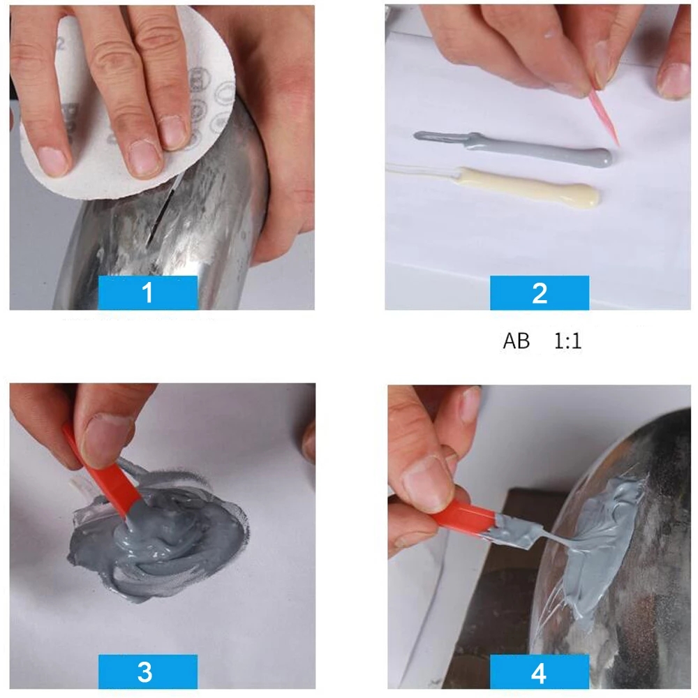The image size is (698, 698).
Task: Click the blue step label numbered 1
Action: tap(147, 292)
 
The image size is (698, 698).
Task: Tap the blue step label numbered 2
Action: tap(539, 292)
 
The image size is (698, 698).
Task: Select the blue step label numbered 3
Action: tap(147, 672)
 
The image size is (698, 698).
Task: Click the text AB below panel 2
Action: tap(516, 342)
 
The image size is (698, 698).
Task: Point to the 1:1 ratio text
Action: tap(567, 342)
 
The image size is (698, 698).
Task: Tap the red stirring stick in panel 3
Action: tap(105, 482)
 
